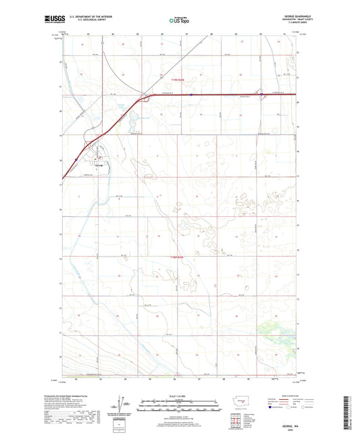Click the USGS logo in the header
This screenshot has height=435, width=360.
54,20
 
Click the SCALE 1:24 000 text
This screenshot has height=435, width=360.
179,397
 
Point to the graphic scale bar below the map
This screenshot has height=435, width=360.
179,407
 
